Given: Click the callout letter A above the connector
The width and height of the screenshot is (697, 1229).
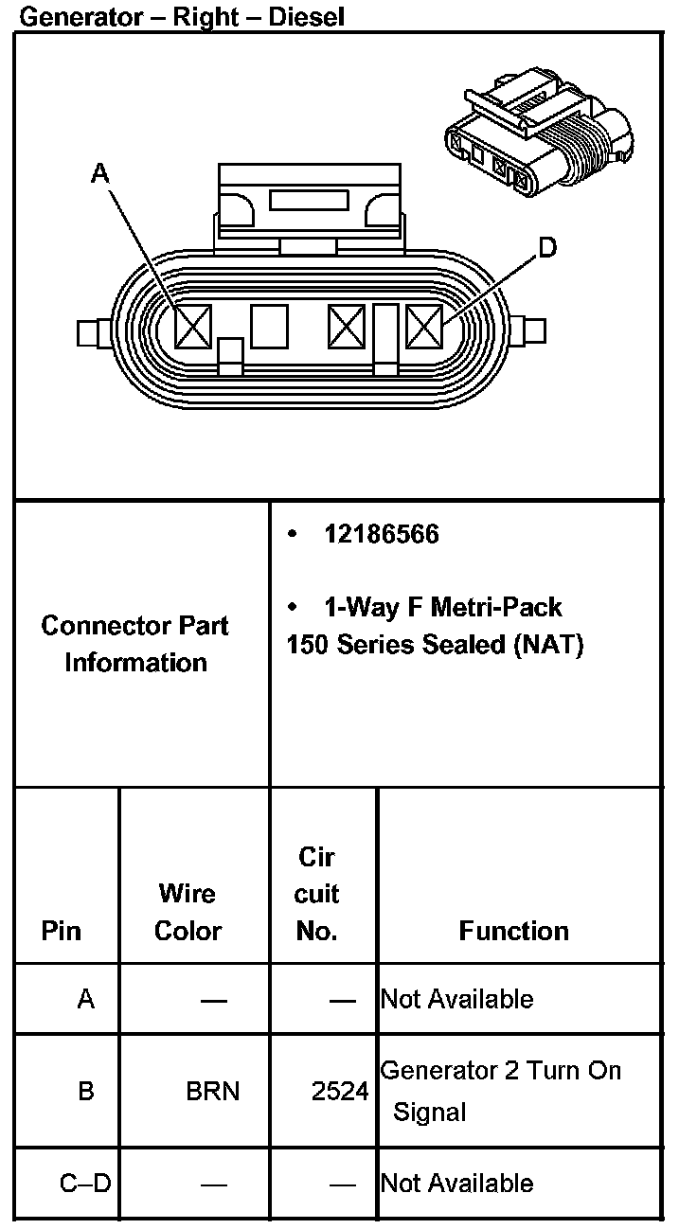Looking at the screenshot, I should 100,173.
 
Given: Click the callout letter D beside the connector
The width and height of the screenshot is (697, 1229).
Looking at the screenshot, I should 547,248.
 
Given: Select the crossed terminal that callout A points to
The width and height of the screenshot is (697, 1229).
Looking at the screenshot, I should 193,328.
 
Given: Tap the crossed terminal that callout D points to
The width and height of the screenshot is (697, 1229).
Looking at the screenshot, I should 424,328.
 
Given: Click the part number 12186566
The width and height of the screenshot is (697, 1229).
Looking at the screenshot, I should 382,534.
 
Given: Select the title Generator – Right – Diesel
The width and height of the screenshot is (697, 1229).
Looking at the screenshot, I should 182,16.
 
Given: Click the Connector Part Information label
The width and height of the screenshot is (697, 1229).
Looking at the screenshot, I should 135,644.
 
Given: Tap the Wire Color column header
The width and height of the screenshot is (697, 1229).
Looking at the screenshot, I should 188,912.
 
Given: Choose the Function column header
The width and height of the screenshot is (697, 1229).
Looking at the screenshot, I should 514,931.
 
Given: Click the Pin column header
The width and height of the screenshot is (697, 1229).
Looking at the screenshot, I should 62,931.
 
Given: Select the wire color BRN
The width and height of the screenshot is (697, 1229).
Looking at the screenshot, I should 213,1092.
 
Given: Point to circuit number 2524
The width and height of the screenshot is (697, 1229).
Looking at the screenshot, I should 340,1092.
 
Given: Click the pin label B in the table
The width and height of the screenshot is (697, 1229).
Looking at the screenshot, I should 86,1092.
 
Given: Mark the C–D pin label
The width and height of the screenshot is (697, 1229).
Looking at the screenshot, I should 85,1183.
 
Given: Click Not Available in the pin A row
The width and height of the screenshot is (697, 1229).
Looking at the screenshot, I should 457,999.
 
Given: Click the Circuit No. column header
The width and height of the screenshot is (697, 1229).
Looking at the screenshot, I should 317,894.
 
